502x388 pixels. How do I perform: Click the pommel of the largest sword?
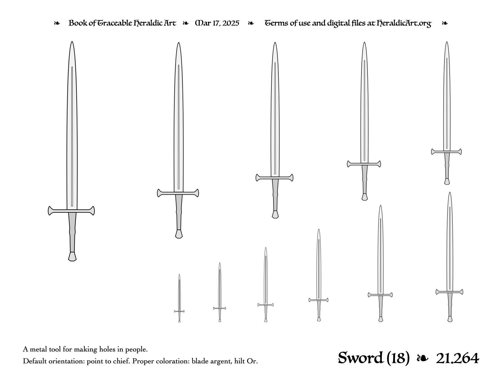pyautogui.click(x=72, y=257)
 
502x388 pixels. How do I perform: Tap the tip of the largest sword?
pyautogui.click(x=72, y=42)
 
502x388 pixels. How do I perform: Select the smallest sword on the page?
pyautogui.click(x=179, y=298)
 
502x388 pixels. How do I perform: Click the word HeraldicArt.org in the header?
pyautogui.click(x=404, y=23)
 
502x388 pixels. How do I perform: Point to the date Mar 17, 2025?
pyautogui.click(x=217, y=23)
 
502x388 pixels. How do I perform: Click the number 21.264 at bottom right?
pyautogui.click(x=457, y=358)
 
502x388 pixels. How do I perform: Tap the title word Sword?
pyautogui.click(x=361, y=358)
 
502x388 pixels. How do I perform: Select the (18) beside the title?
pyautogui.click(x=398, y=358)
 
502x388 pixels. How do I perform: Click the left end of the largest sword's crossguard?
pyautogui.click(x=48, y=211)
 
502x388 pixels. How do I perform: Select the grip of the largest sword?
pyautogui.click(x=72, y=232)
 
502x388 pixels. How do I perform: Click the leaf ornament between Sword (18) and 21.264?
pyautogui.click(x=423, y=358)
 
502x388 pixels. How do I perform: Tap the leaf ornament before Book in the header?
pyautogui.click(x=57, y=23)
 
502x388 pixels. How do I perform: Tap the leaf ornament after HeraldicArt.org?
pyautogui.click(x=445, y=23)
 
